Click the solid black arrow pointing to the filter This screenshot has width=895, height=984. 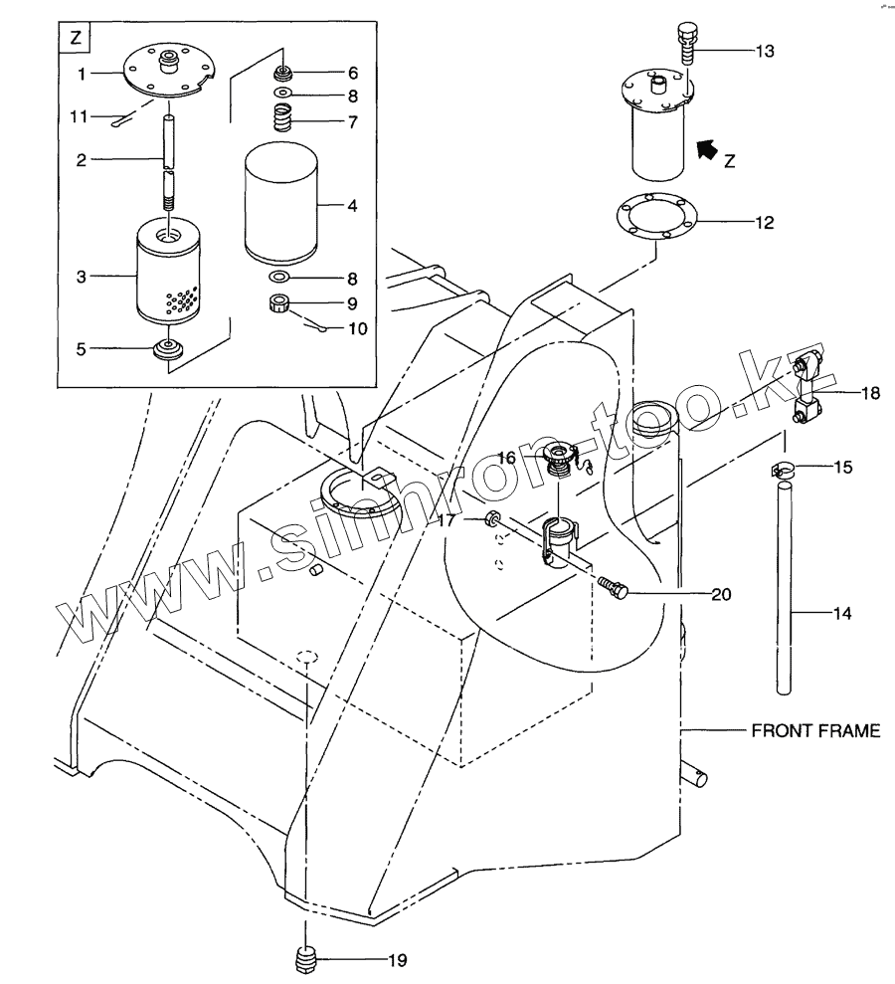(707, 150)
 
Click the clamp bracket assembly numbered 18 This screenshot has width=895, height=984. (807, 389)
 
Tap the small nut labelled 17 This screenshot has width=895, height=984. (492, 519)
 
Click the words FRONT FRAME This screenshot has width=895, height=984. (814, 731)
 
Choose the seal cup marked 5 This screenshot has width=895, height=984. (169, 349)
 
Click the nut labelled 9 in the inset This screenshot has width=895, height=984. (279, 302)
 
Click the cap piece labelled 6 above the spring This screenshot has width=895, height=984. (284, 75)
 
